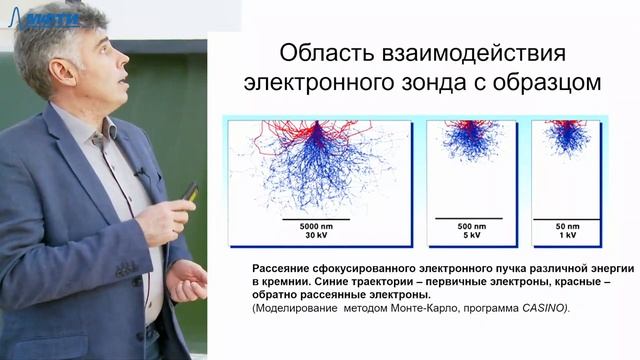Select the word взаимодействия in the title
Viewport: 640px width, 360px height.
(481, 52)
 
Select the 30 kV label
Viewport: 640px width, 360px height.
(315, 237)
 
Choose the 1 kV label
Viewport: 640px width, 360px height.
(567, 237)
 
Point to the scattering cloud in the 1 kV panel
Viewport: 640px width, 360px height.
(567, 137)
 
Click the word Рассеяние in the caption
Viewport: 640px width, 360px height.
(261, 269)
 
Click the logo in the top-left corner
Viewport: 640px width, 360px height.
(45, 17)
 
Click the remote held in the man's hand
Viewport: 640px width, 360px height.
(188, 191)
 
